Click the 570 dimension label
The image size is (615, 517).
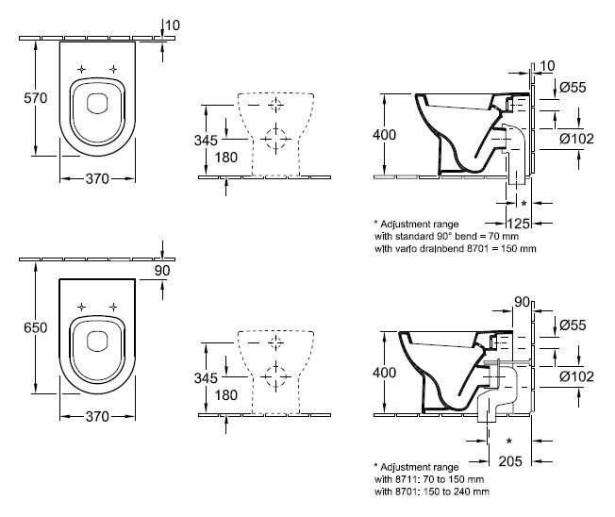coord(35,98)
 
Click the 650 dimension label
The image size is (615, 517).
coord(35,327)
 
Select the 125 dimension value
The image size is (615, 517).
coord(519,224)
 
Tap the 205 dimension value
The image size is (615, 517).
coord(510,461)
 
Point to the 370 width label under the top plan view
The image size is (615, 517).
coord(97,179)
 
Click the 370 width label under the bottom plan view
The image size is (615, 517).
coord(97,416)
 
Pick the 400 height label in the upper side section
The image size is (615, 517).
coord(385,135)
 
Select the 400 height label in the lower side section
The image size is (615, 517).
coord(385,373)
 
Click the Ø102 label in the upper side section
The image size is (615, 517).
coord(576,139)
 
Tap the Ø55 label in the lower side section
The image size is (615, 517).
coord(573,325)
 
